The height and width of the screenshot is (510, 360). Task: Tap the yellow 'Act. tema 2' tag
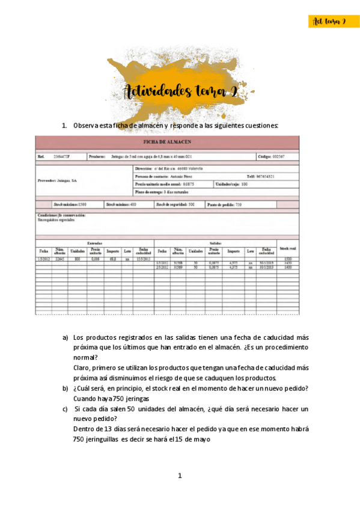point(329,22)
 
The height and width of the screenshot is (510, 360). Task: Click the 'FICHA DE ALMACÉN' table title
point(167,142)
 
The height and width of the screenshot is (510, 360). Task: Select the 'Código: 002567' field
point(270,156)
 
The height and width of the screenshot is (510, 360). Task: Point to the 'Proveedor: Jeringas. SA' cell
point(58,180)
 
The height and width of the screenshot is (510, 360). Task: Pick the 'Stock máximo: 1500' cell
point(70,204)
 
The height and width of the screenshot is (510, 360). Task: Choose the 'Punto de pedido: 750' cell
point(224,204)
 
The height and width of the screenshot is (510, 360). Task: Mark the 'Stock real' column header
point(288,247)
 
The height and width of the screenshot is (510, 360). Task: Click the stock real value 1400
point(288,266)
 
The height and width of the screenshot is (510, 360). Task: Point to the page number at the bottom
point(180,475)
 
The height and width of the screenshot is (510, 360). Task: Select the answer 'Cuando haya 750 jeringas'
point(112,398)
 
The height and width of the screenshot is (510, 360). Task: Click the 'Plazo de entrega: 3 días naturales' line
point(162,192)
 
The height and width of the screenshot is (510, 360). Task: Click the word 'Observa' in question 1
point(85,126)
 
